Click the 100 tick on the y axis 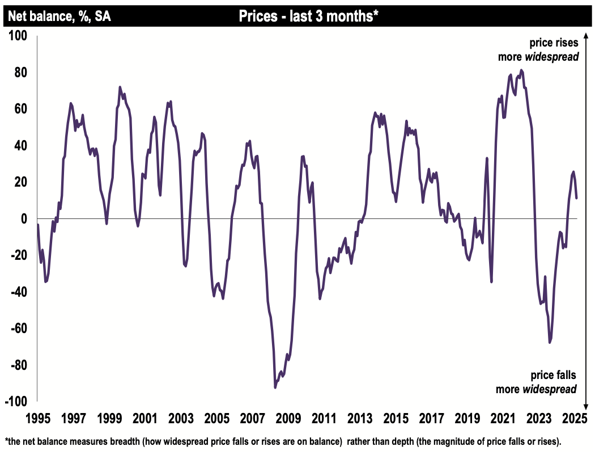click(x=19, y=36)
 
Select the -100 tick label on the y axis click(x=16, y=402)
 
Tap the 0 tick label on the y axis click(x=23, y=219)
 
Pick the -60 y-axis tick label click(x=19, y=328)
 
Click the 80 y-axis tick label click(x=20, y=73)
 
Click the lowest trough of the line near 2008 click(x=275, y=387)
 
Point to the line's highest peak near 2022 click(x=521, y=70)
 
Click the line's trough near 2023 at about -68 click(x=550, y=343)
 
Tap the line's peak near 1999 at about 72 click(x=120, y=87)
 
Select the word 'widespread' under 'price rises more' click(x=551, y=57)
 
